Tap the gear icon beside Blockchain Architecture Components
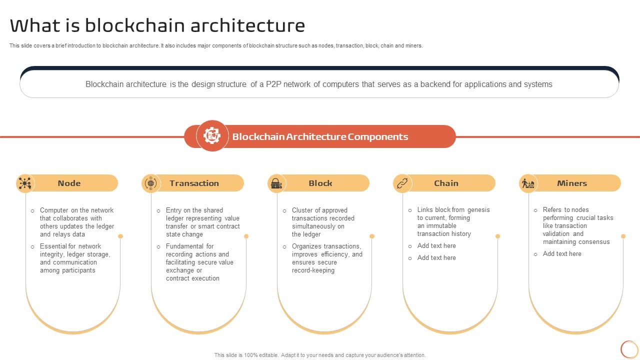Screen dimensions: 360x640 pos(212,135)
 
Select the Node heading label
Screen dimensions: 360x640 pos(69,183)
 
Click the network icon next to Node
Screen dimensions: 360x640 pos(24,183)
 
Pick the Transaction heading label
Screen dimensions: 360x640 pos(194,183)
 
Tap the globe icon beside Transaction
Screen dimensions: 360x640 pos(150,183)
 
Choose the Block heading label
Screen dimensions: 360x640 pos(320,183)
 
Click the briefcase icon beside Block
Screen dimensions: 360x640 pos(276,183)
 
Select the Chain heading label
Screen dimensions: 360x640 pos(446,183)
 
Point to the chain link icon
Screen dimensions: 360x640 pos(402,183)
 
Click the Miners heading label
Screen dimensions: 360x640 pos(571,183)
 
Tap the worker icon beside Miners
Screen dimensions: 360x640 pos(528,183)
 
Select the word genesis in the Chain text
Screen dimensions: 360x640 pos(478,209)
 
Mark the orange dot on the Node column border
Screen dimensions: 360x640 pos(120,236)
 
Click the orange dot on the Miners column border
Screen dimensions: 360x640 pos(623,236)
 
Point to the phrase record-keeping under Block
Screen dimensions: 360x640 pos(313,270)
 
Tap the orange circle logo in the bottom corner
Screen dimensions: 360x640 pos(629,349)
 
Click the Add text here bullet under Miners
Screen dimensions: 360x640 pos(562,253)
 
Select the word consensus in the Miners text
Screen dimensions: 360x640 pos(593,241)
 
